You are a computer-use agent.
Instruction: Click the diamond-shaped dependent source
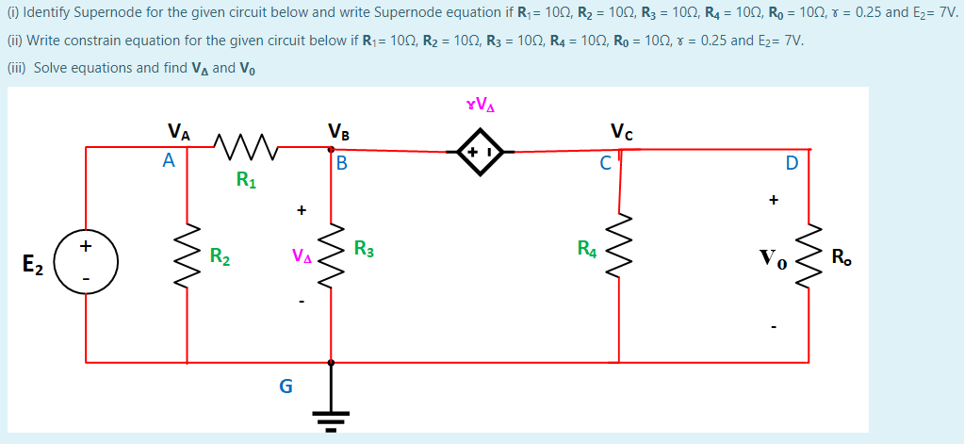[480, 151]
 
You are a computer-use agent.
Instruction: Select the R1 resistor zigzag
[244, 146]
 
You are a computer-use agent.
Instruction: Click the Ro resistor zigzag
[809, 256]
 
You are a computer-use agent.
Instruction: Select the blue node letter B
[342, 164]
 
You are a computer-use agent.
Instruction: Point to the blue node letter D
[792, 163]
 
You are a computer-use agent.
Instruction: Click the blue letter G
[286, 386]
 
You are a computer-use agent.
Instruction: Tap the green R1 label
[246, 179]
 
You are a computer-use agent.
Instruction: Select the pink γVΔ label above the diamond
[480, 105]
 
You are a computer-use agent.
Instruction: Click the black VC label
[622, 131]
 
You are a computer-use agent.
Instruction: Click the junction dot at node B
[331, 148]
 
